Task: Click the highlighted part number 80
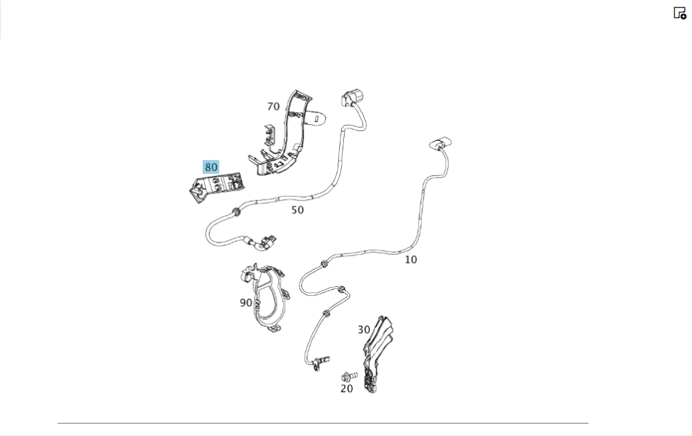click(211, 167)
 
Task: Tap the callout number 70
click(273, 107)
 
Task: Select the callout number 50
click(298, 210)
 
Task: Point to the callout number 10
click(411, 259)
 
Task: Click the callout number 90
click(246, 303)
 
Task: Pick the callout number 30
click(364, 330)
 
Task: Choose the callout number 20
click(347, 389)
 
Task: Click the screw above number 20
click(349, 377)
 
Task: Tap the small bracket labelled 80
click(216, 187)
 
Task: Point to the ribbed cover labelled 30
click(376, 354)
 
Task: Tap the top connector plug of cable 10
click(440, 144)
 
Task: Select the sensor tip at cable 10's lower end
click(321, 363)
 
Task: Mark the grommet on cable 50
click(236, 212)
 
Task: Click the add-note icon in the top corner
click(680, 12)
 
